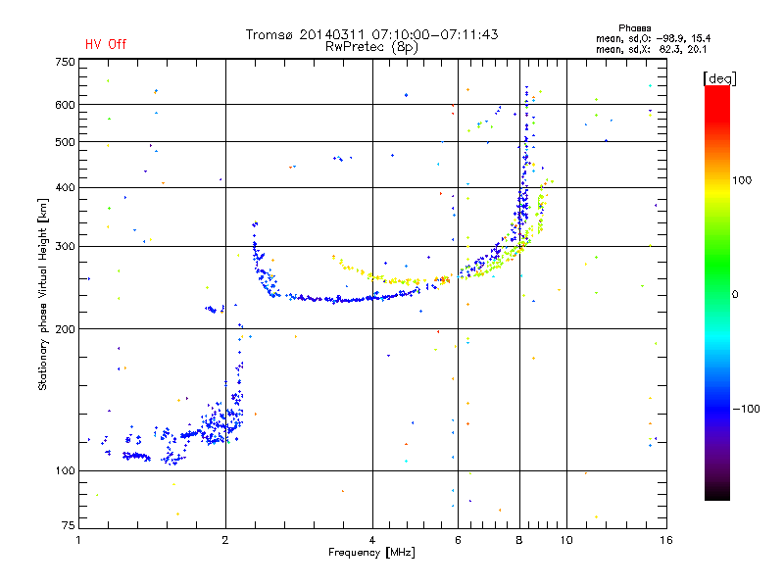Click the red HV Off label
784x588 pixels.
coord(106,44)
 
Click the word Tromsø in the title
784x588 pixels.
coord(269,34)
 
